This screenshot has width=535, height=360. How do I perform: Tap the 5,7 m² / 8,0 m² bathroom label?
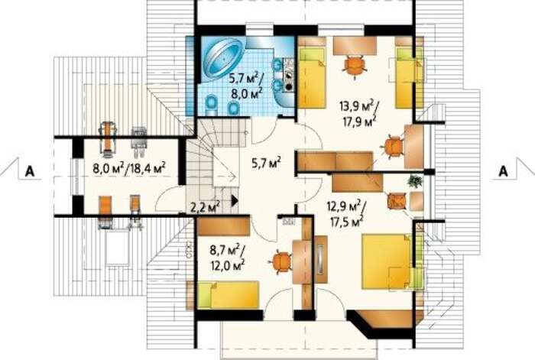(x=245, y=86)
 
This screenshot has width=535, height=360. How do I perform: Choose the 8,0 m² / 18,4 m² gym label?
(x=129, y=168)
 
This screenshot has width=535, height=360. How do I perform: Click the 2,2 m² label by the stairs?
(x=204, y=207)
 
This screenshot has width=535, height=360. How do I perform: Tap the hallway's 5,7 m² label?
(x=266, y=163)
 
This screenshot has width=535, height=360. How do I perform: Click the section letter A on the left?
(x=31, y=171)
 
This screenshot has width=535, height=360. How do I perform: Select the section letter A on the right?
(x=503, y=171)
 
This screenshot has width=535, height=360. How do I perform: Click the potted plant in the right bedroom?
(x=415, y=181)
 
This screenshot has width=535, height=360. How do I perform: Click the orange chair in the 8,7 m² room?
(x=281, y=261)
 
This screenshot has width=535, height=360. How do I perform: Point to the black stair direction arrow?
(x=235, y=200)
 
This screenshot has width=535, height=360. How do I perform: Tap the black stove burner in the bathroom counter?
(x=289, y=86)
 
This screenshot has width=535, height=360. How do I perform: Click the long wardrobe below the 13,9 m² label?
(x=336, y=161)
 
